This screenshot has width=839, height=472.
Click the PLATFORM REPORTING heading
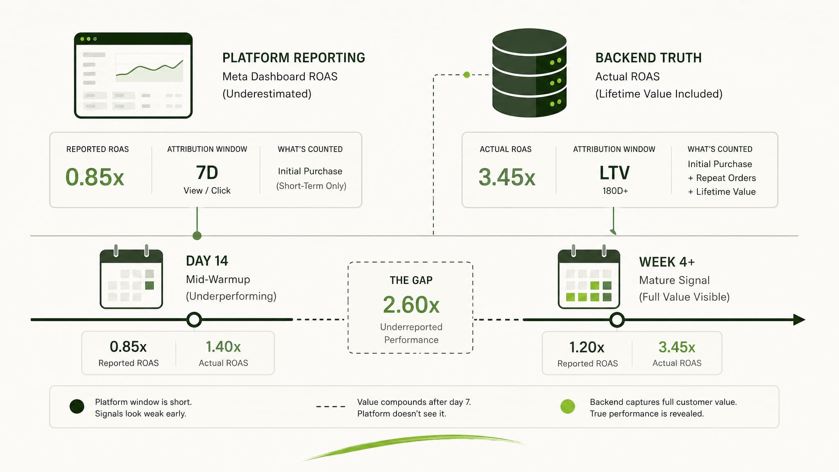pos(294,58)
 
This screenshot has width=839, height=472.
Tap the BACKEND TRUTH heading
pos(649,58)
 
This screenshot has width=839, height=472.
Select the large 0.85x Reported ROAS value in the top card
pos(95,177)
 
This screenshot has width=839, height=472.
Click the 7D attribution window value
pos(207,172)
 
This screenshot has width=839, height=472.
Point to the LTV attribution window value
pos(615,173)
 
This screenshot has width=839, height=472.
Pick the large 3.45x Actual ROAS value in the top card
pos(507,177)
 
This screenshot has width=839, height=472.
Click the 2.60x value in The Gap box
pos(411,305)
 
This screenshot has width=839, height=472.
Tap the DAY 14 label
pos(207,261)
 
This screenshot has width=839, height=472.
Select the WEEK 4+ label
pos(667,262)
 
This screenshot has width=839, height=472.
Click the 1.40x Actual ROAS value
pos(223,347)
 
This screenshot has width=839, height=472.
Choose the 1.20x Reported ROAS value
pos(587,347)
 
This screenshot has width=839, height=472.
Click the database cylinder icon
pos(529,73)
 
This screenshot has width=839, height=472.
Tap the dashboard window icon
pos(133,75)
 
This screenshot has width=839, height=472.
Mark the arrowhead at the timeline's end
pos(800,320)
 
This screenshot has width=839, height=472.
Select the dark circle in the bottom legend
pos(77,406)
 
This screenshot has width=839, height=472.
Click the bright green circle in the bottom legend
pos(567,406)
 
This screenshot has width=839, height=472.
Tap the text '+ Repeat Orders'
pos(722,178)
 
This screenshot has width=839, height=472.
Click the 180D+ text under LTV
pos(615,191)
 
